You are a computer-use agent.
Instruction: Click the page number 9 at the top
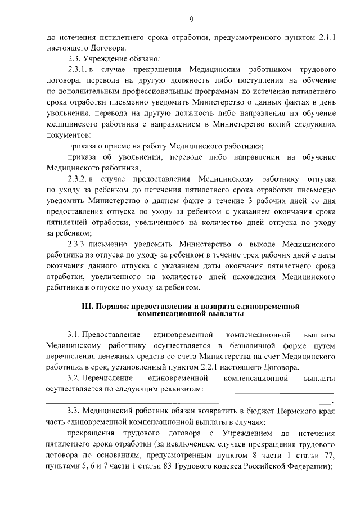tap(191, 20)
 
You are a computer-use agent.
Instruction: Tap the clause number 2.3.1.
tap(77, 70)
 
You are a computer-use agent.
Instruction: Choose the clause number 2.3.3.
tap(77, 245)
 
